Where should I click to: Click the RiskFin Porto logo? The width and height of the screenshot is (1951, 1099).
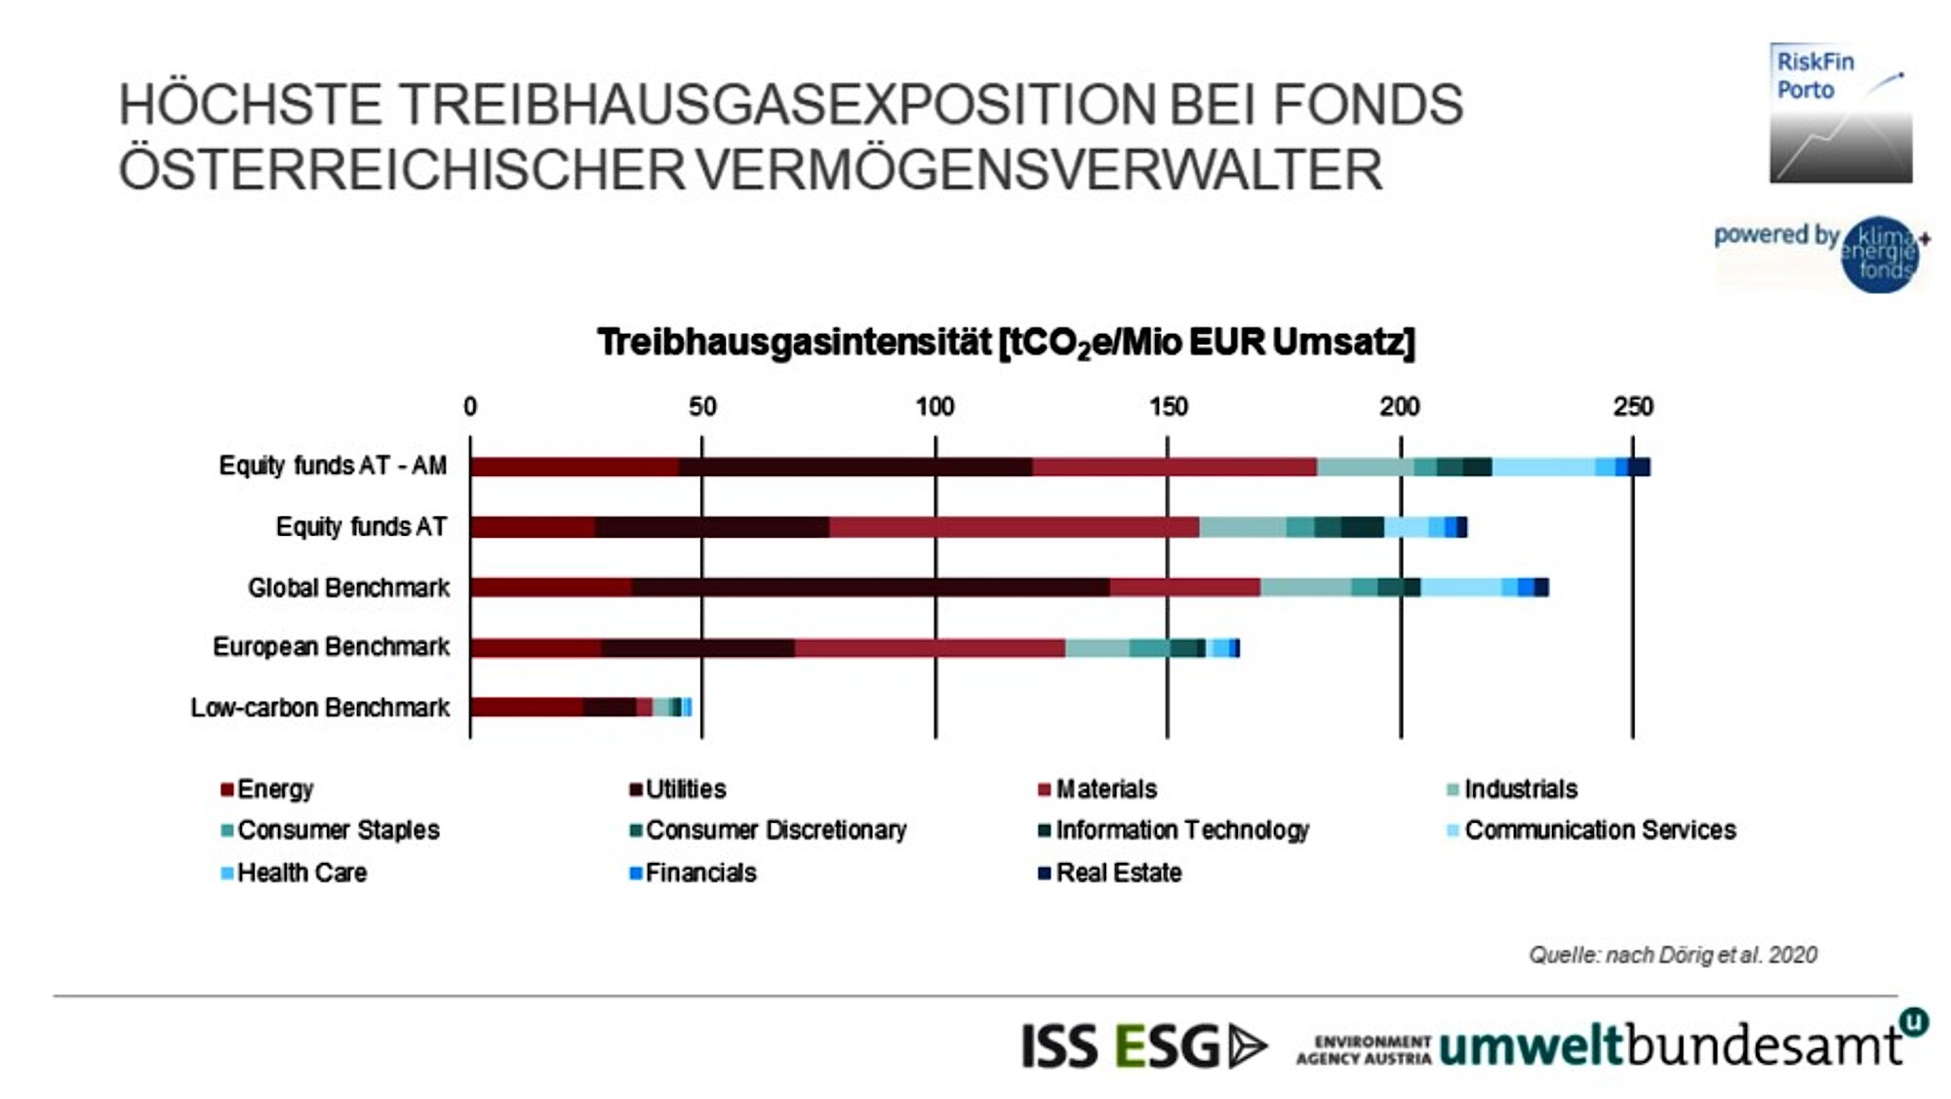(1841, 113)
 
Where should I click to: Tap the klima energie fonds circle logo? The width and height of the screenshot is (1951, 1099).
(1880, 254)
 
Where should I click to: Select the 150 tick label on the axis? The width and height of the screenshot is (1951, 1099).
(1168, 407)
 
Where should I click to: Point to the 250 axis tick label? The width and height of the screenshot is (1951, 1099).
(1633, 407)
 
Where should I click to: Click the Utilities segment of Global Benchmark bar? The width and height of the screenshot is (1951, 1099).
(870, 588)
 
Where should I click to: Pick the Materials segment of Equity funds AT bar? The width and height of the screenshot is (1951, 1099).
(1015, 527)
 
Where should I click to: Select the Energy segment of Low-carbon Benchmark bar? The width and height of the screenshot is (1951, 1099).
(527, 708)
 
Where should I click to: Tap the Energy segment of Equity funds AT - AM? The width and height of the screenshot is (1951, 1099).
(574, 467)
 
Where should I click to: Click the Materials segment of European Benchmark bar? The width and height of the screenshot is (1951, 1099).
(930, 648)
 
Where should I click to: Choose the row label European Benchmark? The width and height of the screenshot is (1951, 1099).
(332, 647)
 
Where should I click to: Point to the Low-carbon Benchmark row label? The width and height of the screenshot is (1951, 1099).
(320, 708)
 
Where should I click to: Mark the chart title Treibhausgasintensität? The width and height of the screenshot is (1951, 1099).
(1006, 343)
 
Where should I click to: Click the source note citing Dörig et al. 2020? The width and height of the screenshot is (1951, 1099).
(1673, 955)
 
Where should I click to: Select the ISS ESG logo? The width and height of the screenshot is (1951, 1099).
(1144, 1046)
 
